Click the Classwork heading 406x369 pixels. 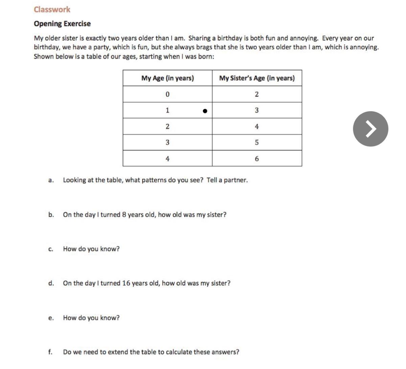[52, 9]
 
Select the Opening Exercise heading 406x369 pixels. [62, 24]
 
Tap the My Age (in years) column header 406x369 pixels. [167, 78]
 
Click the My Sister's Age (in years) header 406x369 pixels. [257, 78]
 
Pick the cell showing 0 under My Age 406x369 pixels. [167, 94]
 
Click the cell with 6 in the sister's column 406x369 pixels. [256, 159]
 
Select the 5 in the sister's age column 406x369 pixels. [256, 143]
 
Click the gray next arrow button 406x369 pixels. [370, 129]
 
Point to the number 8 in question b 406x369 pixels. [124, 215]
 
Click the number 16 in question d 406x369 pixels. [126, 283]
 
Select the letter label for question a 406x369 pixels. [51, 180]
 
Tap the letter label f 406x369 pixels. [50, 352]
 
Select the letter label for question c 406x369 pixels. [50, 249]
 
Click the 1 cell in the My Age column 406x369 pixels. [167, 110]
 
